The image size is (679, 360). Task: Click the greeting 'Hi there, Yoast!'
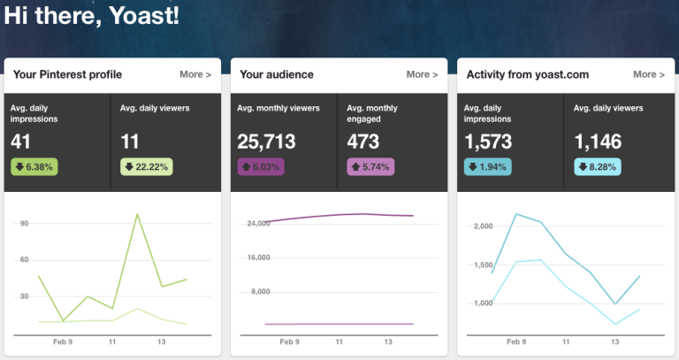(91, 16)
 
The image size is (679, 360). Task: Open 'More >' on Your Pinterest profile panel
(195, 74)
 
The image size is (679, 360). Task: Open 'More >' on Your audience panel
(422, 74)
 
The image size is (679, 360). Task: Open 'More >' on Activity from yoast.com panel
(649, 74)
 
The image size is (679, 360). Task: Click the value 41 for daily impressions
(21, 141)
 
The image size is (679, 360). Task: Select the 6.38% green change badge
(34, 166)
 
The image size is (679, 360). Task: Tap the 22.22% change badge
(146, 166)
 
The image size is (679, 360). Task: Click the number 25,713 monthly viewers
(266, 141)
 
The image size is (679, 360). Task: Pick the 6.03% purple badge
(261, 166)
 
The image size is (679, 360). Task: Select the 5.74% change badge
(372, 166)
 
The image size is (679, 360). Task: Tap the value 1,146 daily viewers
(598, 141)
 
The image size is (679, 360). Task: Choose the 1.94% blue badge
(487, 166)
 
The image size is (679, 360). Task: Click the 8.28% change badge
(598, 166)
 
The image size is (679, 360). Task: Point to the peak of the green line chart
(137, 214)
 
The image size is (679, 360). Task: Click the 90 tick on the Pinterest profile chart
(24, 224)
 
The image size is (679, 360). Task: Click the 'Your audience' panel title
(277, 74)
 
